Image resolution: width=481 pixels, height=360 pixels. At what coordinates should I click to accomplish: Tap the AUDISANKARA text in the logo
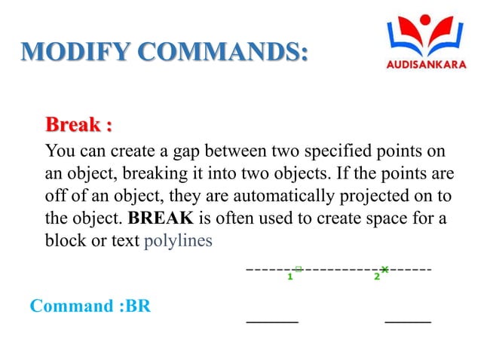tap(426, 64)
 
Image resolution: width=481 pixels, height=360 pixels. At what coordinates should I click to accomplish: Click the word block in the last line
tap(64, 242)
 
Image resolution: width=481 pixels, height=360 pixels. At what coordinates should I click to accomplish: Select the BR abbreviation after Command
tap(138, 307)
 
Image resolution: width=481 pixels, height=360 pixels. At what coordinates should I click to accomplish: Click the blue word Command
tap(69, 307)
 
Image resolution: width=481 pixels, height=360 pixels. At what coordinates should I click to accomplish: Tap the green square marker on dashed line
tap(299, 267)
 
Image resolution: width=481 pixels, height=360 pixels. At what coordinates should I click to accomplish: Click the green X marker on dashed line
tap(384, 268)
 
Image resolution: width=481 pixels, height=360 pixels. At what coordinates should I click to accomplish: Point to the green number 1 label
tap(289, 277)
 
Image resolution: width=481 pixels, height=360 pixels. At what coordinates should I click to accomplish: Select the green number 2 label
tap(376, 277)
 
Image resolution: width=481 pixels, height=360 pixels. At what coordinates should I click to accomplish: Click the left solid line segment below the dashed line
tap(273, 322)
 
